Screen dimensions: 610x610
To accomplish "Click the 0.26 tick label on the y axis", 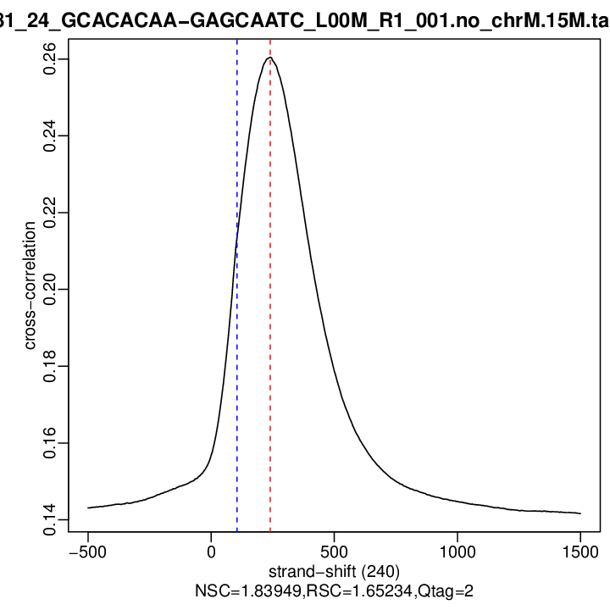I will point(50,59).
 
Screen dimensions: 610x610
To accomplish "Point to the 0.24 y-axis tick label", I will point(50,136).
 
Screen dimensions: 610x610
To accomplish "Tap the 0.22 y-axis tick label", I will point(50,213).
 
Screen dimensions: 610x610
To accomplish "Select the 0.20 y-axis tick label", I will point(50,289).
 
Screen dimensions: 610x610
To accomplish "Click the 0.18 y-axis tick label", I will point(50,366).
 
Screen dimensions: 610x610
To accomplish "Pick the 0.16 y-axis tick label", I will point(50,443).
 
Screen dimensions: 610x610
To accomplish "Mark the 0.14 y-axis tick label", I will point(50,519).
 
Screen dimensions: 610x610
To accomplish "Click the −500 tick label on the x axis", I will point(88,550).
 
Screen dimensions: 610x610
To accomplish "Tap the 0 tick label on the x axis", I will point(211,550).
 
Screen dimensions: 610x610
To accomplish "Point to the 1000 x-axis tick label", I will point(457,550).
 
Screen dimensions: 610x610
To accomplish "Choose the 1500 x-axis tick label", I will point(579,550).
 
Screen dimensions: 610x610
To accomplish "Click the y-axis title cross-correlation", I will point(30,285).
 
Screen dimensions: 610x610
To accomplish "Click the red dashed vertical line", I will point(270,339).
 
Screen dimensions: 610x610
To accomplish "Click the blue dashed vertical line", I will point(237,339).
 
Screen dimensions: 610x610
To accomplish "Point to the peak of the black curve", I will point(270,58).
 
